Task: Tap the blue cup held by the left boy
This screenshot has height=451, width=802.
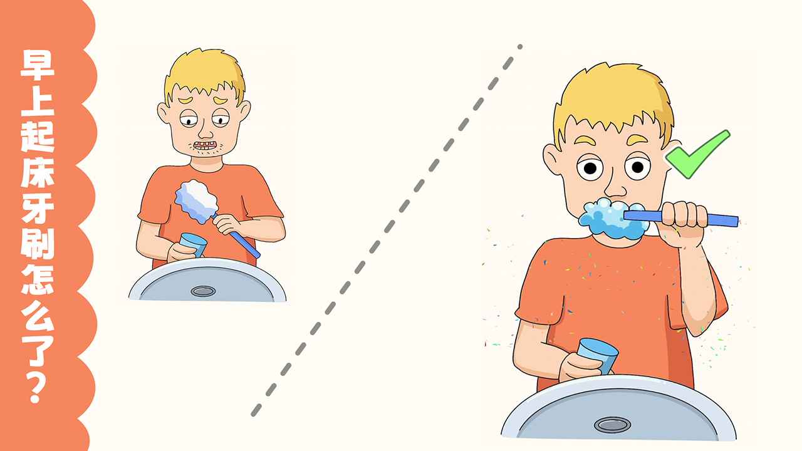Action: point(192,245)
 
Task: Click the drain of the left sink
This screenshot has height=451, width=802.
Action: point(203,291)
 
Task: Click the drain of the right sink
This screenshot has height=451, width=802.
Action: point(612,425)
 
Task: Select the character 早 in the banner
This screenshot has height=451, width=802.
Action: point(37,66)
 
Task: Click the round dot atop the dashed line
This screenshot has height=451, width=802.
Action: point(520,46)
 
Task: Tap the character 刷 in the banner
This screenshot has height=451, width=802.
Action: point(37,244)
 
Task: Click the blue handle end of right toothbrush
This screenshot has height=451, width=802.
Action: point(733,221)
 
